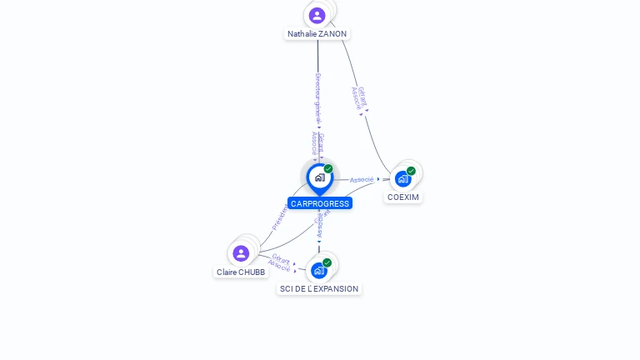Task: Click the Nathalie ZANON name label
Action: tap(317, 34)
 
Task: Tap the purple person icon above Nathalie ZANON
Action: tap(317, 15)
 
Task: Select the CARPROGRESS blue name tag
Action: tap(320, 203)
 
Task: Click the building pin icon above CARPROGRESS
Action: tap(319, 177)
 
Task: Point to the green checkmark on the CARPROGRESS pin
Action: tap(328, 169)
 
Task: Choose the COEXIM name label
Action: tap(403, 197)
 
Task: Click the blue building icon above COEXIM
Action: tap(402, 178)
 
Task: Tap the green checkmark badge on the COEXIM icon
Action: tap(411, 171)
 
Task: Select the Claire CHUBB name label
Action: tap(241, 272)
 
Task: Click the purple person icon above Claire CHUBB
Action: tap(241, 252)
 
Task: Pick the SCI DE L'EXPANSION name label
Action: tap(319, 289)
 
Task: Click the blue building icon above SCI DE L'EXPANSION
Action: tap(318, 270)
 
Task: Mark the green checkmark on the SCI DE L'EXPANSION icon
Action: tap(327, 262)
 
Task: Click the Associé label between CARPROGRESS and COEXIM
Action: tap(362, 179)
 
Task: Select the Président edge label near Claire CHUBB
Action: tap(280, 216)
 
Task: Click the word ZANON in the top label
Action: tap(332, 34)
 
